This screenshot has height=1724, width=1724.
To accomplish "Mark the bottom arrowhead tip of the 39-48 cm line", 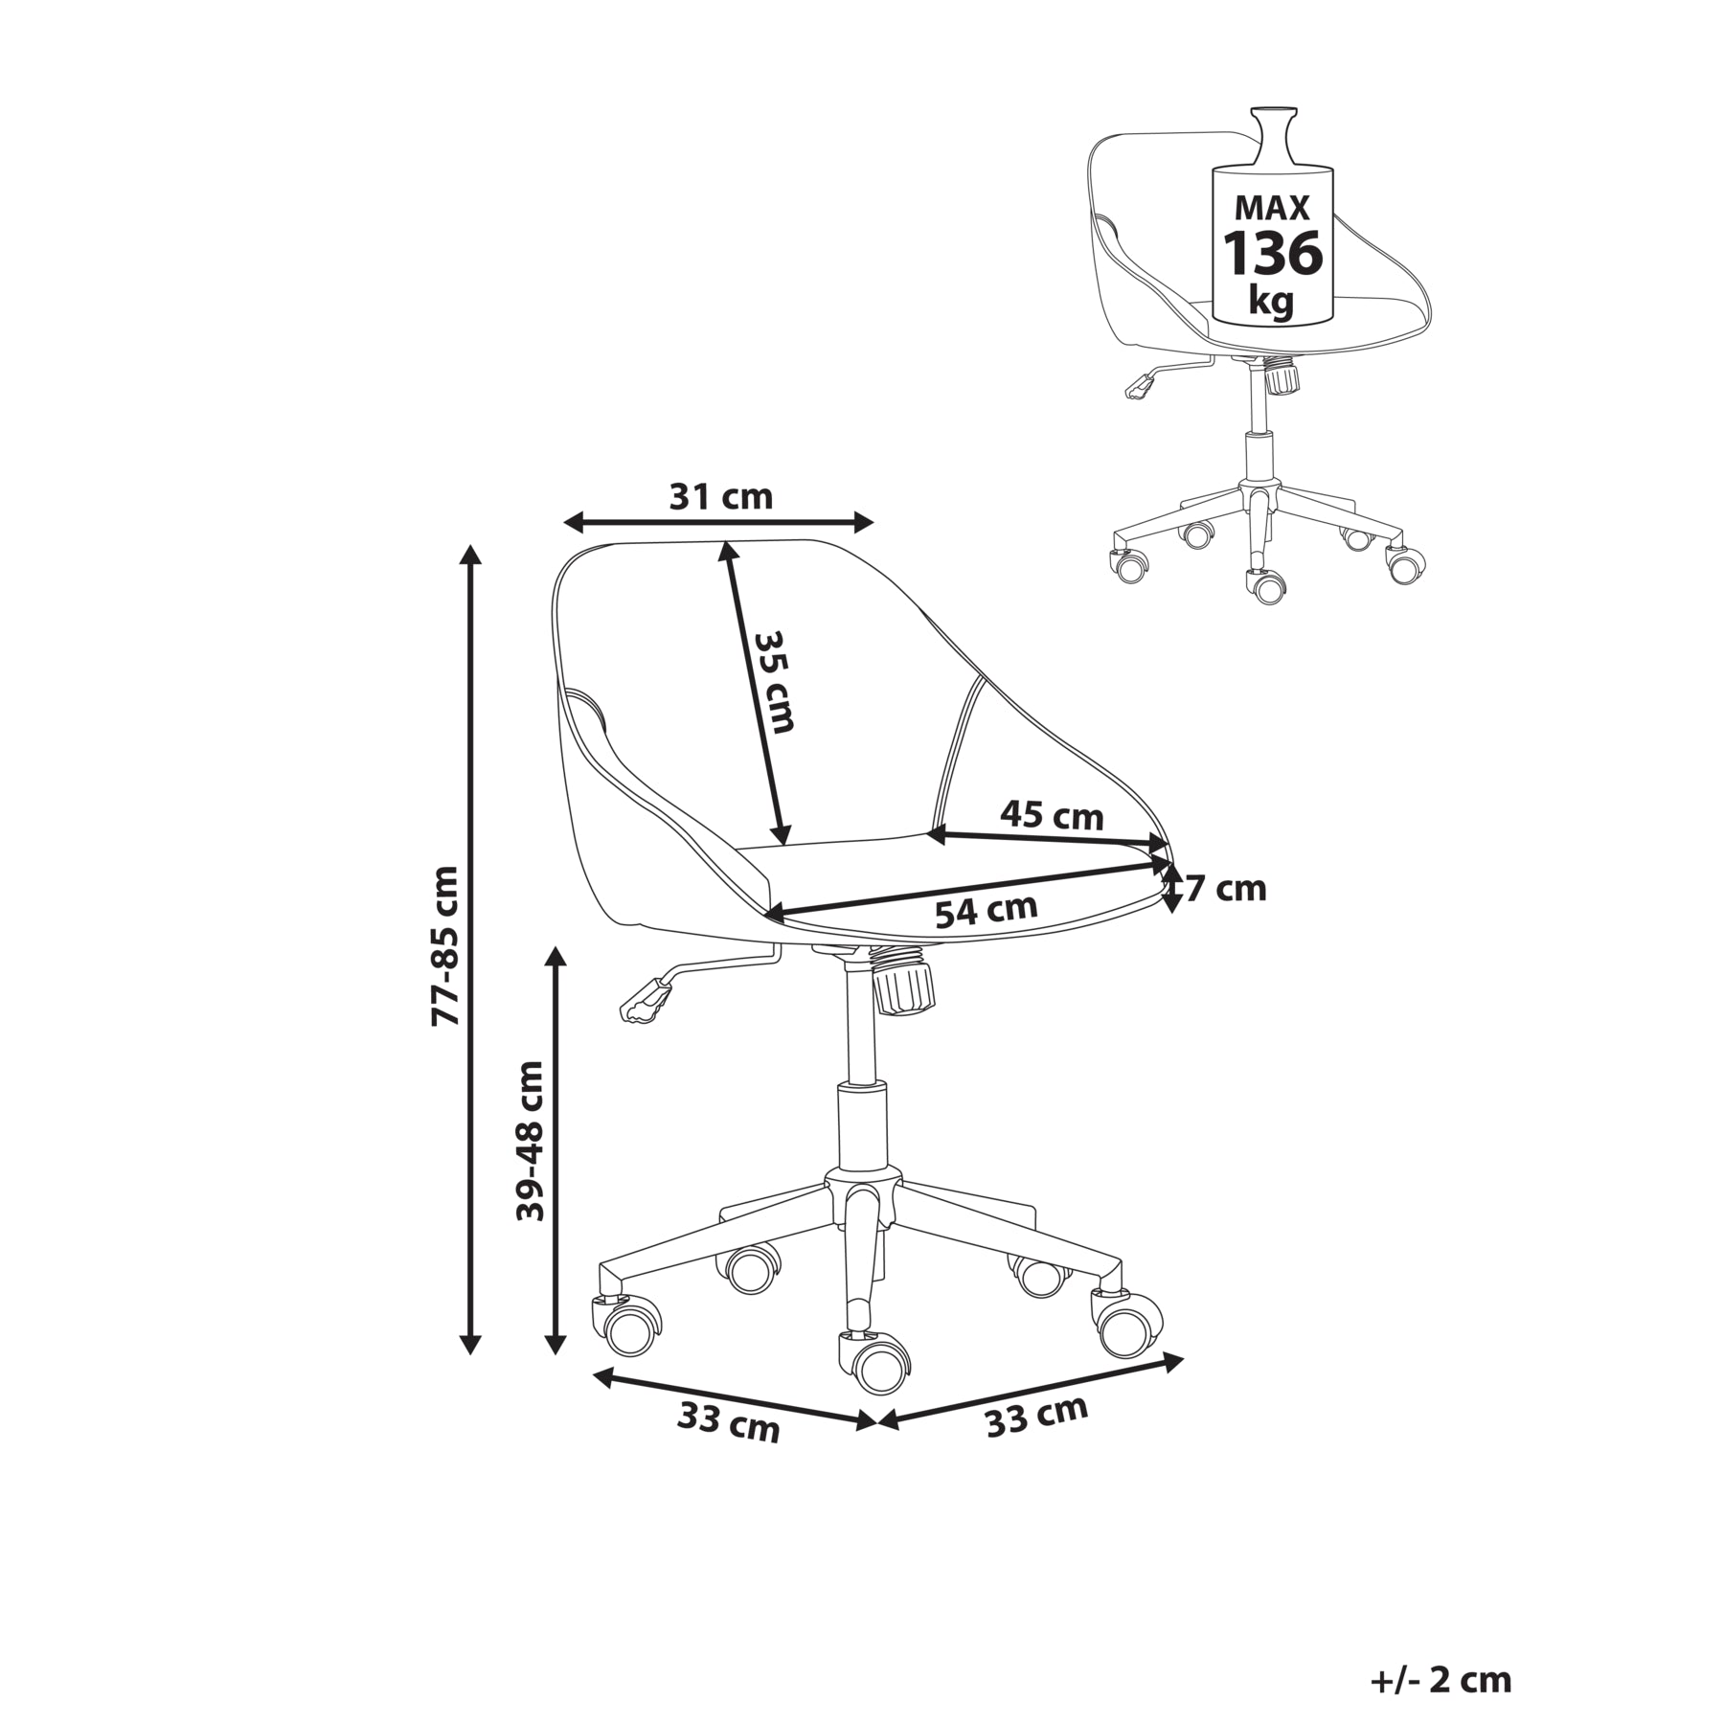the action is [x=556, y=1354].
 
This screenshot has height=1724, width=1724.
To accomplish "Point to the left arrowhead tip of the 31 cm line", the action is [x=563, y=523].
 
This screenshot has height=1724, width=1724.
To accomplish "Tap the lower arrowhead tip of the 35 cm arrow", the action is [x=784, y=846].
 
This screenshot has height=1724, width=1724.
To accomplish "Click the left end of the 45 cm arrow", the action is [x=928, y=835].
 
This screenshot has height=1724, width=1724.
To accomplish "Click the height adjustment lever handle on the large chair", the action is [x=644, y=1002].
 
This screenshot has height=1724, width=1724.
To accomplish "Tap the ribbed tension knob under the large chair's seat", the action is [x=902, y=986].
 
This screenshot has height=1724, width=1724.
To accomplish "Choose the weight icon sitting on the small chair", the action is [x=1273, y=215].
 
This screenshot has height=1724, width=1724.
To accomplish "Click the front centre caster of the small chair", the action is [x=1265, y=585].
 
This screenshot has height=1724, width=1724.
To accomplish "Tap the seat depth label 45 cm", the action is [x=1052, y=815].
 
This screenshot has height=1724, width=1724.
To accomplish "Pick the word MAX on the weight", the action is [x=1272, y=208].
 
